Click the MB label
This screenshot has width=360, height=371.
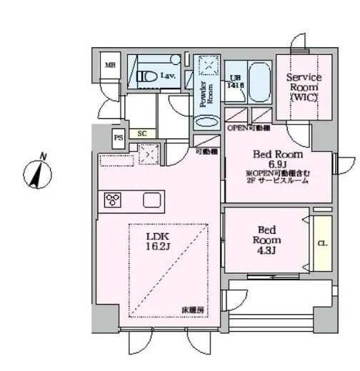110,66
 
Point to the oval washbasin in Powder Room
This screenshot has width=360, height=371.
206,122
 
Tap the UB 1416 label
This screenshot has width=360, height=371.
235,79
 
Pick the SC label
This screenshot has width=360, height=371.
142,133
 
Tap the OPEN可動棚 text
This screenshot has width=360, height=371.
249,128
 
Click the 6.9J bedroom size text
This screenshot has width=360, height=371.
278,164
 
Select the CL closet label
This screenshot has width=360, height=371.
321,244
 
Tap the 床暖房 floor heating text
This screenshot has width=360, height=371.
193,310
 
